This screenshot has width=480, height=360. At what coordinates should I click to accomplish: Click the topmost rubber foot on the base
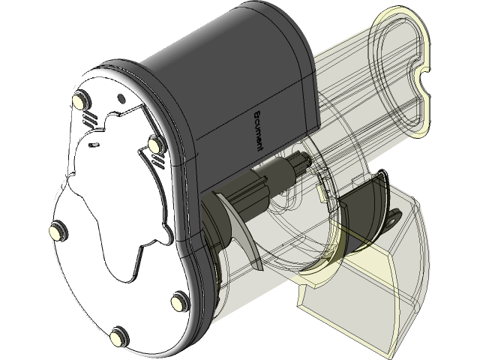point(80,100)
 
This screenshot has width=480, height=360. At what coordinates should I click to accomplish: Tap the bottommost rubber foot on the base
point(118,337)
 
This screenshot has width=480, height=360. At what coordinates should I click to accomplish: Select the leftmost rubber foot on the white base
point(57,231)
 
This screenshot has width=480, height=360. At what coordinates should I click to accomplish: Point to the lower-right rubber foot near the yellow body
point(179,301)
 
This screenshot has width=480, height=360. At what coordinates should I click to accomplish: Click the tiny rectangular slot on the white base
point(94,141)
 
